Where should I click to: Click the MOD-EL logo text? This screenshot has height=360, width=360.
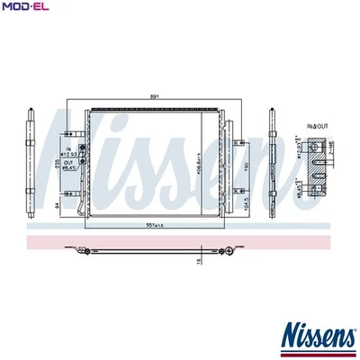pyautogui.click(x=25, y=7)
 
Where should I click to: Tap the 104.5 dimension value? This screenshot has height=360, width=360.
pyautogui.click(x=236, y=203)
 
